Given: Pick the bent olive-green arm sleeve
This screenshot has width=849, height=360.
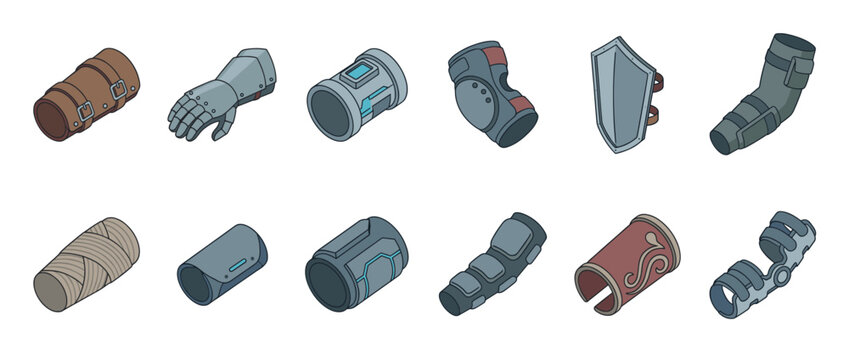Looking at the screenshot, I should (x=764, y=95).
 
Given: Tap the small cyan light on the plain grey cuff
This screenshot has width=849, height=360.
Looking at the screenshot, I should (x=237, y=264).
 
